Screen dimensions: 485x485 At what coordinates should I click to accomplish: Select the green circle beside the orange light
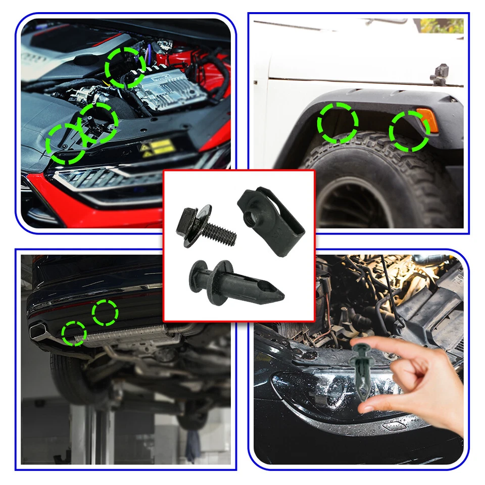(409, 131)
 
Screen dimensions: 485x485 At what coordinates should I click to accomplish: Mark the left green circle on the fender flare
(338, 123)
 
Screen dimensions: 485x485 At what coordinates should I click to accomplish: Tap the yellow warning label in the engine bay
(158, 148)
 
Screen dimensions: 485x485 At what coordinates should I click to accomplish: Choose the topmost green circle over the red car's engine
(125, 67)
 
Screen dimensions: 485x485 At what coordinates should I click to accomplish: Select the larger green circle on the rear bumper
(105, 313)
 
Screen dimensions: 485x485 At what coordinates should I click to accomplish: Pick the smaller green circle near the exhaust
(74, 333)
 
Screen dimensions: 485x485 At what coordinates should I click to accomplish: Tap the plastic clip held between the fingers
(365, 374)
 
